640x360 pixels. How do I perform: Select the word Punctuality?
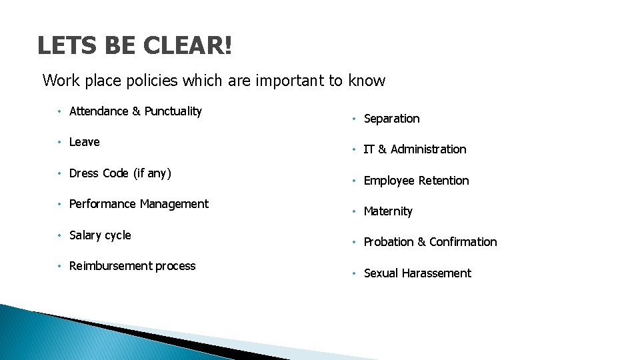click(x=173, y=111)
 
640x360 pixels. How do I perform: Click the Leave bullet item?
click(x=84, y=142)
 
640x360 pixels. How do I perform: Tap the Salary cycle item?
click(x=100, y=235)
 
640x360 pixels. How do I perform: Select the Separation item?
click(x=391, y=119)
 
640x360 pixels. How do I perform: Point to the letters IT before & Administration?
click(x=369, y=149)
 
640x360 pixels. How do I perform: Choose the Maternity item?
click(x=388, y=211)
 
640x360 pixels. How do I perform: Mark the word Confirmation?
click(x=463, y=242)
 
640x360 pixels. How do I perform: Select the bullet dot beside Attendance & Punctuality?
click(x=59, y=111)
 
